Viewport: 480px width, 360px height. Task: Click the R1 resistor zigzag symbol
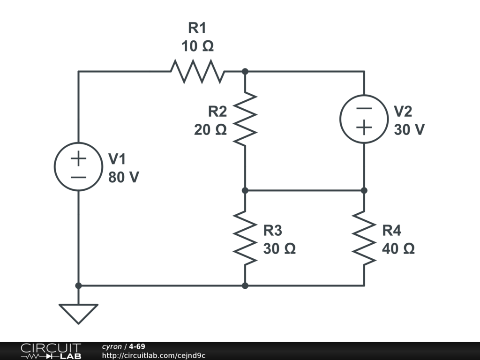click(197, 71)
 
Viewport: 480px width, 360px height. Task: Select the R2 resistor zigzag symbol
click(245, 119)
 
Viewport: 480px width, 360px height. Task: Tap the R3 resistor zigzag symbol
click(245, 238)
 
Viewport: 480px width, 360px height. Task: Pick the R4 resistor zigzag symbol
click(364, 238)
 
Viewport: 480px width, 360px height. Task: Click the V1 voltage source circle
click(78, 167)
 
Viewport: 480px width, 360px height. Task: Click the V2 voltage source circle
click(364, 119)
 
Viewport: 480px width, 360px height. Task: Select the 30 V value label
click(409, 129)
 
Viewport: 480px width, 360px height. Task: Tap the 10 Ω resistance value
click(197, 46)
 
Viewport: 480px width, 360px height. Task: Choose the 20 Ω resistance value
click(210, 130)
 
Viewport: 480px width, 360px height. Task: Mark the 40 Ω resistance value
click(398, 248)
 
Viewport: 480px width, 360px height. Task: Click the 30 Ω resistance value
click(279, 248)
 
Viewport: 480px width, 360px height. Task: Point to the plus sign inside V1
click(78, 158)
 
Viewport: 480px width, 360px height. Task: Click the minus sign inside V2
click(364, 109)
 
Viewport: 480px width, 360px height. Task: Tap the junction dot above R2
click(245, 71)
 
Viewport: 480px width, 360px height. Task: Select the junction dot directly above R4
click(364, 190)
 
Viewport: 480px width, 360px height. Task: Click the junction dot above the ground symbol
click(78, 285)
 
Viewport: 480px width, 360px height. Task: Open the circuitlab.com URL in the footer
click(154, 355)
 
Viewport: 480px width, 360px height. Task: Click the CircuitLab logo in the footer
click(51, 351)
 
